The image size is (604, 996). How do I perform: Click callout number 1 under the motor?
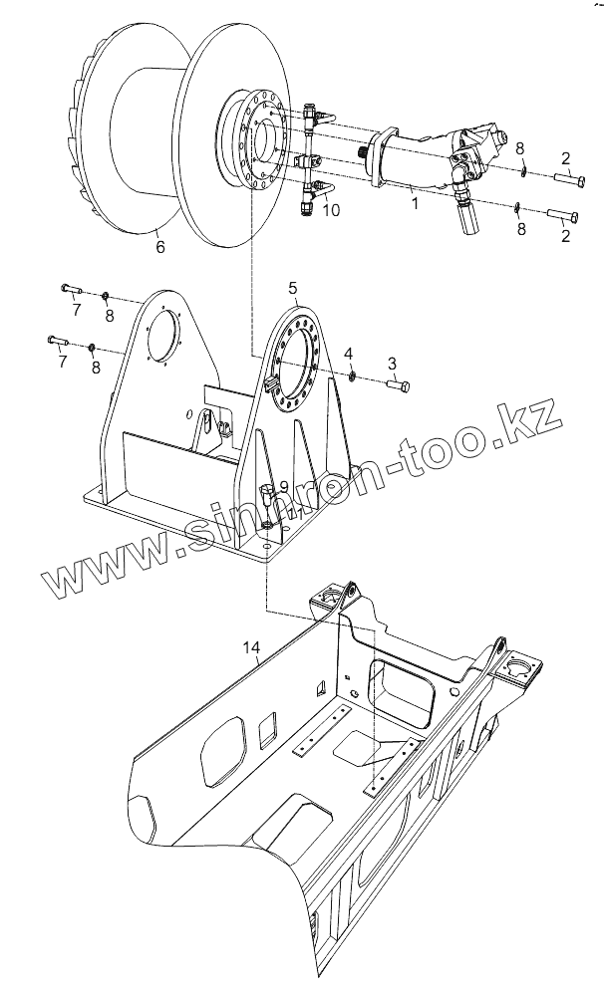417,203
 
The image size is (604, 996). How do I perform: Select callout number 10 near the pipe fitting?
331,210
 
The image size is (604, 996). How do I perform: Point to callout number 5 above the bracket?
293,288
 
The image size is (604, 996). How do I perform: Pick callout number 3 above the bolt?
392,363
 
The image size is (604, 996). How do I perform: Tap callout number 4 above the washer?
348,354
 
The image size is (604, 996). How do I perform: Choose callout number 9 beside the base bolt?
283,487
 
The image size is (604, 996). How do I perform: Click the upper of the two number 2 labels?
564,157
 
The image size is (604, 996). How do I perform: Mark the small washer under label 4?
353,374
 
